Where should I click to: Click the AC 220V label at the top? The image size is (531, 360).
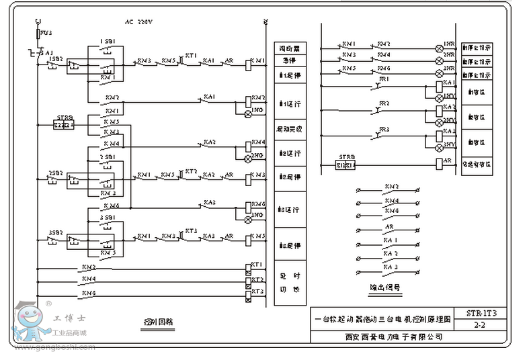point(138,22)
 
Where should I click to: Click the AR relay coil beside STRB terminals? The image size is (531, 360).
point(440,163)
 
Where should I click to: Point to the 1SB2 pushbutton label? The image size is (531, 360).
point(55,59)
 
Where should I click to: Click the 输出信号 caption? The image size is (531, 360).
point(385,287)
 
